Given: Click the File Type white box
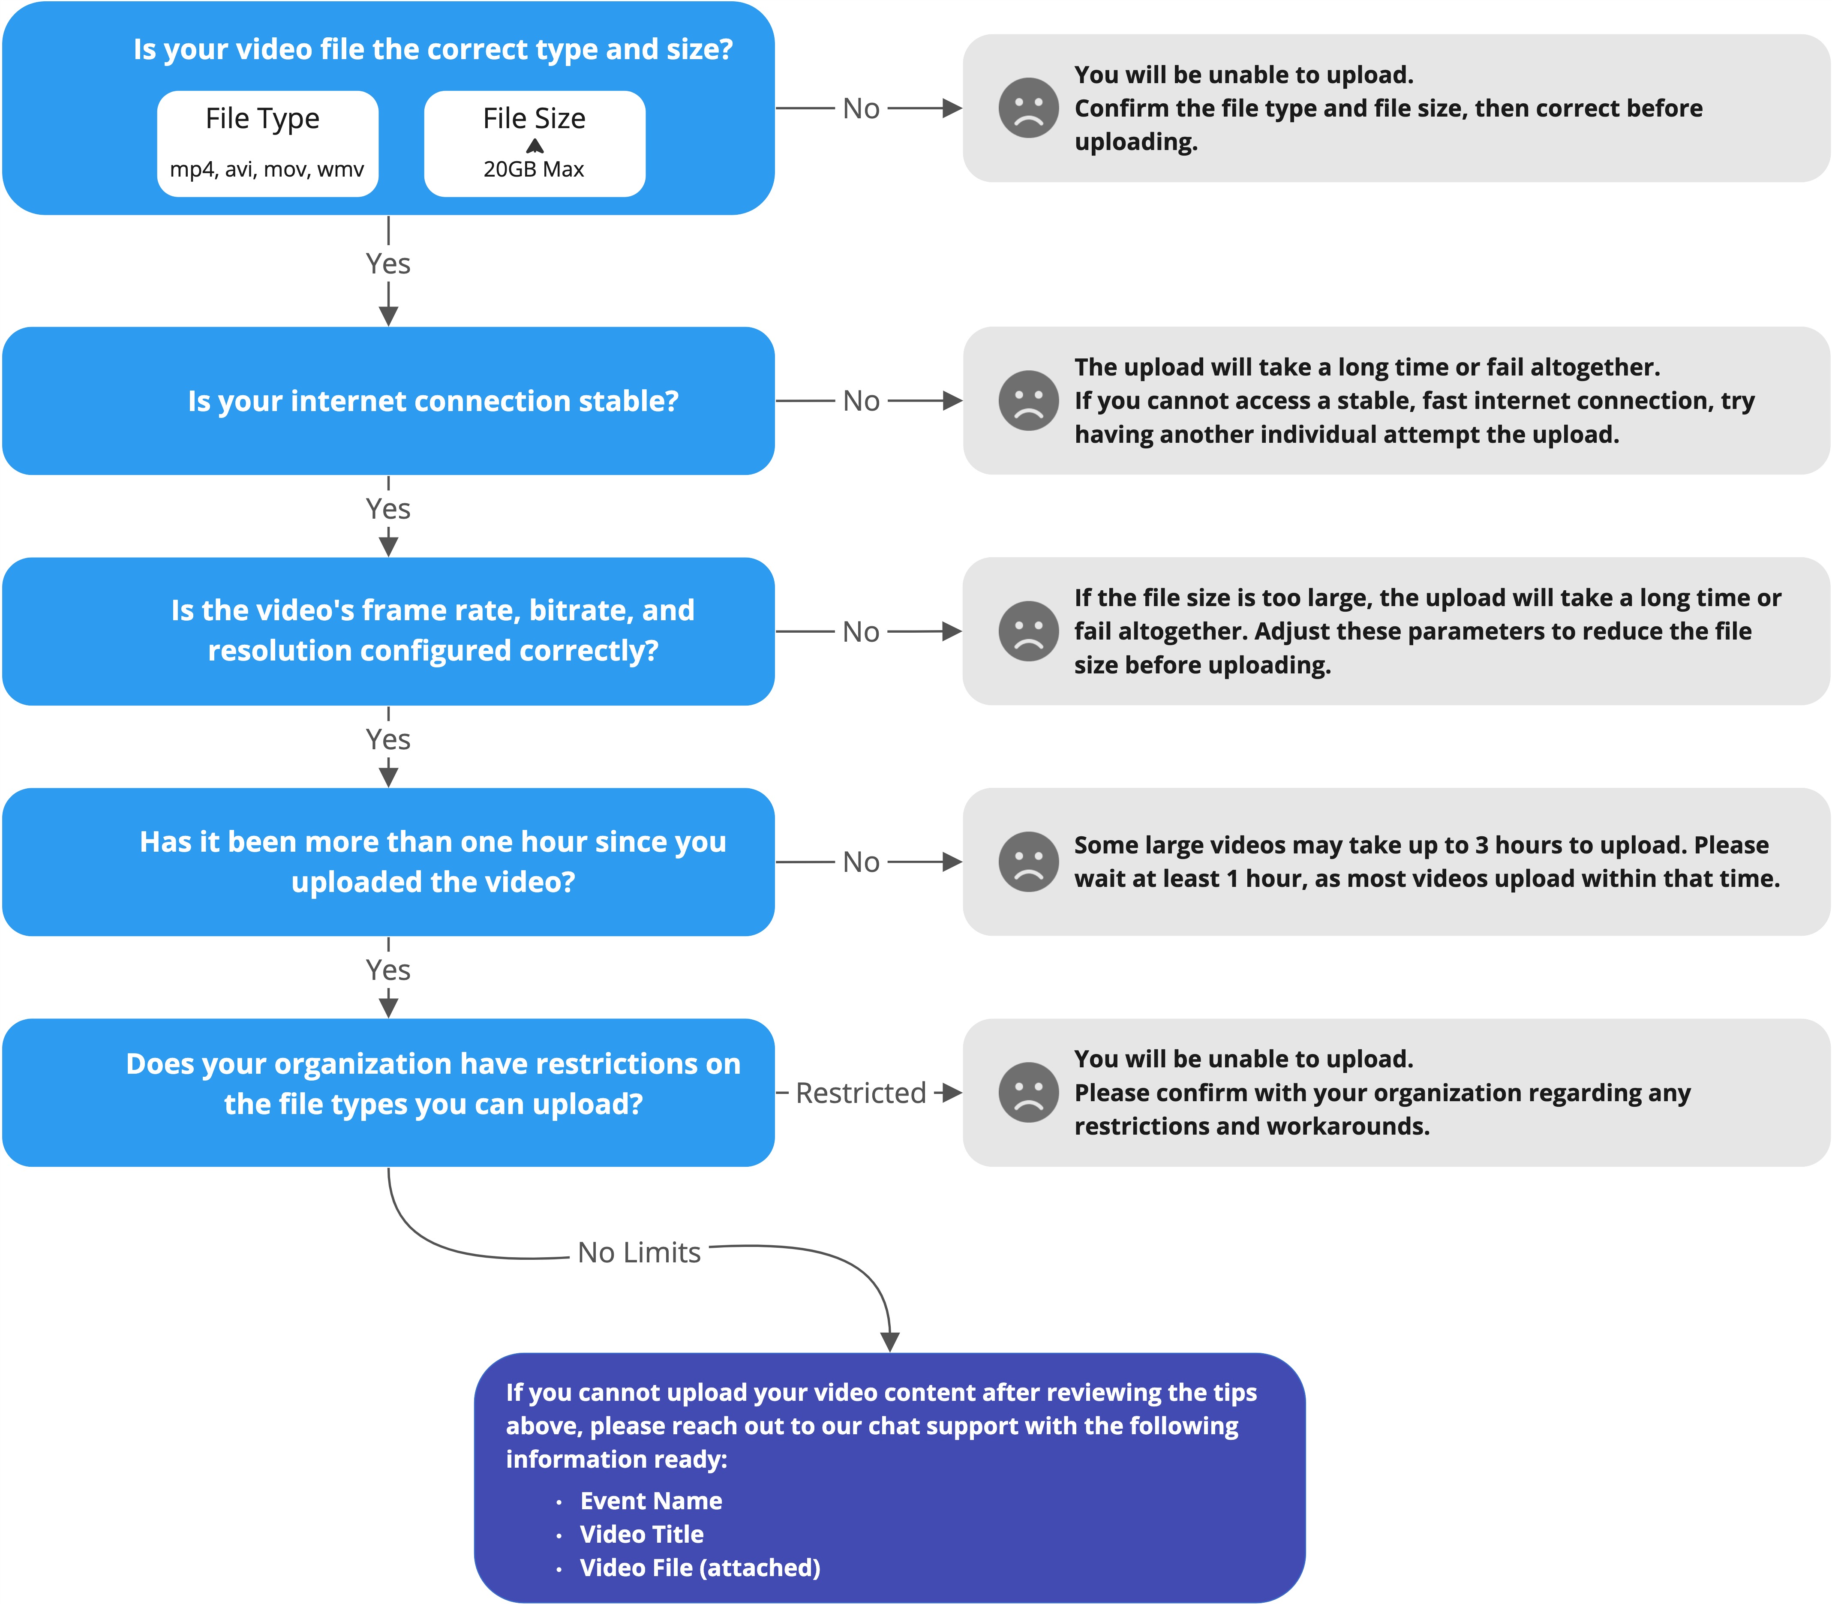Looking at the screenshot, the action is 267,143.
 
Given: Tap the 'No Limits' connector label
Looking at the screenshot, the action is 639,1252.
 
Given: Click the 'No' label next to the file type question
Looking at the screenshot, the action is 861,108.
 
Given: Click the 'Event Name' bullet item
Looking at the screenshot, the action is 651,1501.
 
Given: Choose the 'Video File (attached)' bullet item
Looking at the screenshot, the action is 700,1568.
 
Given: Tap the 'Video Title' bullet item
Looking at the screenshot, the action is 642,1534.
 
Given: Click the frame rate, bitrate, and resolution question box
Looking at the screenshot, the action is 388,631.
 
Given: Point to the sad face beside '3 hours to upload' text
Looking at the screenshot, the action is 1028,862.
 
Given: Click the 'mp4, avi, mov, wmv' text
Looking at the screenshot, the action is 267,169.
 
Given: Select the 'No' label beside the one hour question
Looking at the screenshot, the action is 861,862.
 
